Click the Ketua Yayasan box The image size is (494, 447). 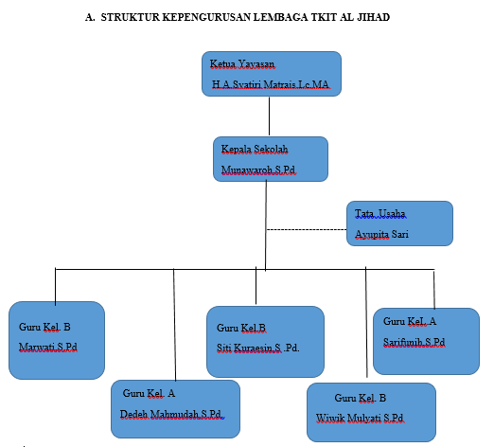tap(272, 74)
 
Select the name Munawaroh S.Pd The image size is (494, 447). tap(258, 170)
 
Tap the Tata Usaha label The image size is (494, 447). tap(380, 214)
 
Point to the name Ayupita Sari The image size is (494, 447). tap(381, 234)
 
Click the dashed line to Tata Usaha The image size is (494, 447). tap(307, 229)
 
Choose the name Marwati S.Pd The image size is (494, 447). tap(48, 347)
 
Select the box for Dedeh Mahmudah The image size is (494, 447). tap(175, 409)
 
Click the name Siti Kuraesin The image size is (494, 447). tap(249, 348)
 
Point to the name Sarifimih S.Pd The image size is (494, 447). tap(415, 342)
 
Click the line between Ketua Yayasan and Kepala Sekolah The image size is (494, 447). tap(269, 116)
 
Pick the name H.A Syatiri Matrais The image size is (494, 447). tap(256, 84)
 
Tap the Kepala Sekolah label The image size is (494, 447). tap(255, 149)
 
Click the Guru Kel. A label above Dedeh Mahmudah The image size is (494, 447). tap(149, 393)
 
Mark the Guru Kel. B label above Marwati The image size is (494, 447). tap(44, 327)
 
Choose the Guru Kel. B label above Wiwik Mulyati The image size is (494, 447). tap(361, 398)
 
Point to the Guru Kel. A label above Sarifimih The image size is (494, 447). tap(410, 321)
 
